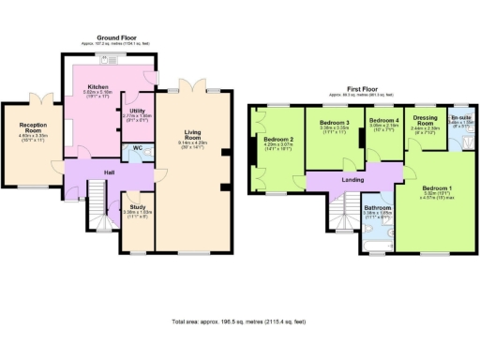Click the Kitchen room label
pos(99,87)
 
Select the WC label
pos(138,149)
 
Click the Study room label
pos(136,207)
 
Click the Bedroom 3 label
pos(335,124)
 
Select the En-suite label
pos(460,121)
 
